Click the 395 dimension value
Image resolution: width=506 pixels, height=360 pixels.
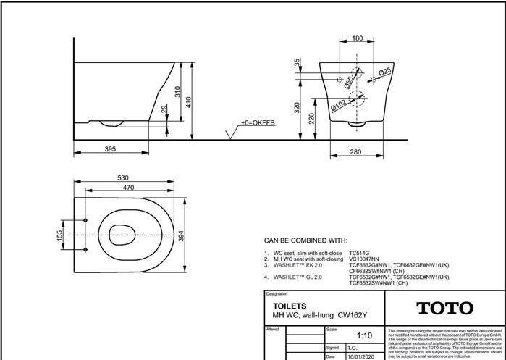109,148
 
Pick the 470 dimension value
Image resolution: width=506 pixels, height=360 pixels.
127,187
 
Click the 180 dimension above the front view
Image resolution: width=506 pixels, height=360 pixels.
357,38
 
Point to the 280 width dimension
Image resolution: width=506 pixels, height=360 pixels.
355,151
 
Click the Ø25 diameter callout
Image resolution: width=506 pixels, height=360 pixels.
384,71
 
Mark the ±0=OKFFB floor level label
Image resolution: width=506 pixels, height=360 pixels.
258,123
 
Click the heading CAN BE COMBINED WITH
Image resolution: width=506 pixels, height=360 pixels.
305,240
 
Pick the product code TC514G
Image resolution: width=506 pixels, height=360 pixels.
360,254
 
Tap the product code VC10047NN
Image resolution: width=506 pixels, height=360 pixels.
366,259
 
